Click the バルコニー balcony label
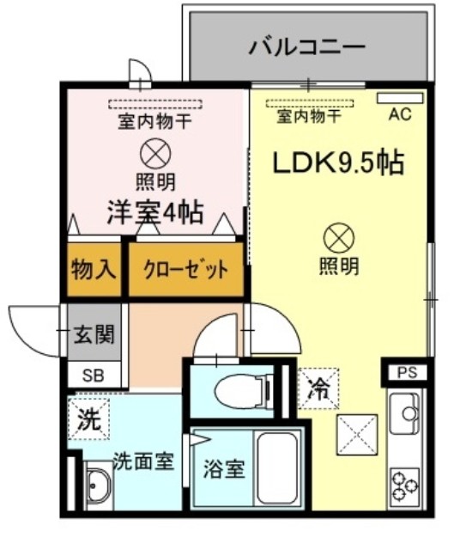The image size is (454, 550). [x=307, y=47]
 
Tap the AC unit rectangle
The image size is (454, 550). [x=400, y=98]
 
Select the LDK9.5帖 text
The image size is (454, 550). [x=338, y=163]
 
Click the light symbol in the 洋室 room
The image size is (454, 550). [x=155, y=154]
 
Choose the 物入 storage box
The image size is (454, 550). [x=94, y=269]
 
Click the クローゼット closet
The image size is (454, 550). [x=185, y=269]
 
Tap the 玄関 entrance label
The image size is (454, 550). [x=94, y=333]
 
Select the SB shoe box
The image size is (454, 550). [x=94, y=375]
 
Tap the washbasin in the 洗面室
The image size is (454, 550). [x=100, y=485]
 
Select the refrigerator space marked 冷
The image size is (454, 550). [x=318, y=388]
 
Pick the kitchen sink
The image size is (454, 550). [x=404, y=413]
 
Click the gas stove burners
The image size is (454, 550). [x=404, y=486]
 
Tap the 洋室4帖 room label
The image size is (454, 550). [x=155, y=212]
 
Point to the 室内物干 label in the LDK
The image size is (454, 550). [x=309, y=116]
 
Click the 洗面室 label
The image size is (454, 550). [x=143, y=461]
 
